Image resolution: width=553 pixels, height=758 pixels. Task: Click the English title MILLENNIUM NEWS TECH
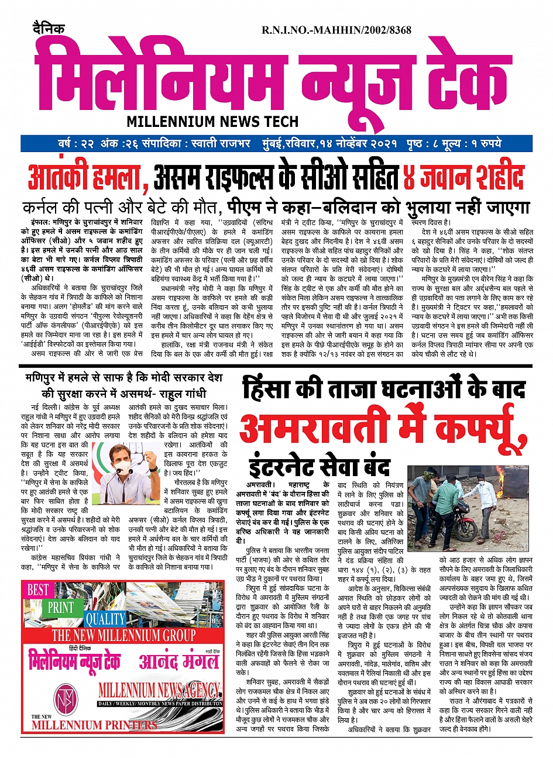coord(212,122)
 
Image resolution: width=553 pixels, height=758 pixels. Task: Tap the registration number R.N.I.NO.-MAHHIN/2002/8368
coord(336,30)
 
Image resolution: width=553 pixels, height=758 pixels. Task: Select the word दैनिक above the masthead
coord(49,29)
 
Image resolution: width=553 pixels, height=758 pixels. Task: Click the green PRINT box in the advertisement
coord(60,607)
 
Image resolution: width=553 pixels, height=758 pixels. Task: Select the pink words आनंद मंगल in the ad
coord(179,661)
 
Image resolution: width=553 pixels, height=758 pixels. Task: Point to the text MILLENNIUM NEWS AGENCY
coord(159,690)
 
